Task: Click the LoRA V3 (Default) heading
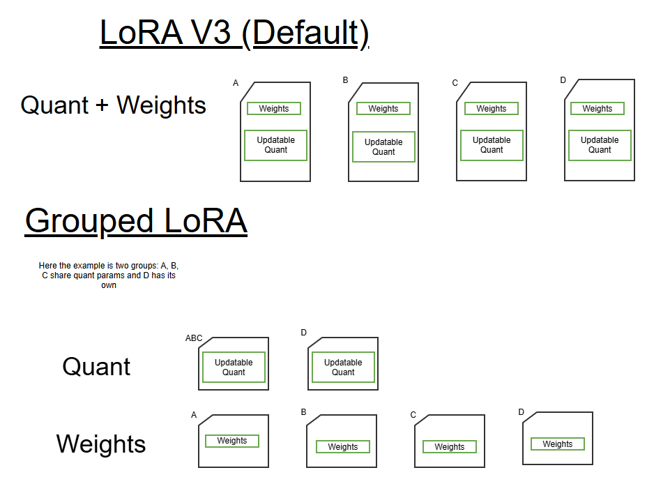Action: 234,33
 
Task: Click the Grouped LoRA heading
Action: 136,221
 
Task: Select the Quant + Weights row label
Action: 114,105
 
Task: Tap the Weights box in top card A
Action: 274,109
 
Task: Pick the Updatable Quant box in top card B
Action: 383,147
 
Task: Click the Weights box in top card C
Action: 492,109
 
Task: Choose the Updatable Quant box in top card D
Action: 600,145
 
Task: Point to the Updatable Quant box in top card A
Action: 275,145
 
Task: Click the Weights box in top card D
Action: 597,109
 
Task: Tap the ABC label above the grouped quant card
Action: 194,338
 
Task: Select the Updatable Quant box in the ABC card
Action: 234,368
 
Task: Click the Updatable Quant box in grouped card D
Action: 343,368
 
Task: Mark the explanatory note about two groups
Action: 109,275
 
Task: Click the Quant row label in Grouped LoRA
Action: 96,367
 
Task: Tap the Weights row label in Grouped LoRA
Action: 101,444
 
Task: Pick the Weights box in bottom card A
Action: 232,441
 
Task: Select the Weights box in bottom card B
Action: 343,447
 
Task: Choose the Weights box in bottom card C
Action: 450,447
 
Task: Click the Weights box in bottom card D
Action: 558,444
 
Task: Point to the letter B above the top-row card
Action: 345,80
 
